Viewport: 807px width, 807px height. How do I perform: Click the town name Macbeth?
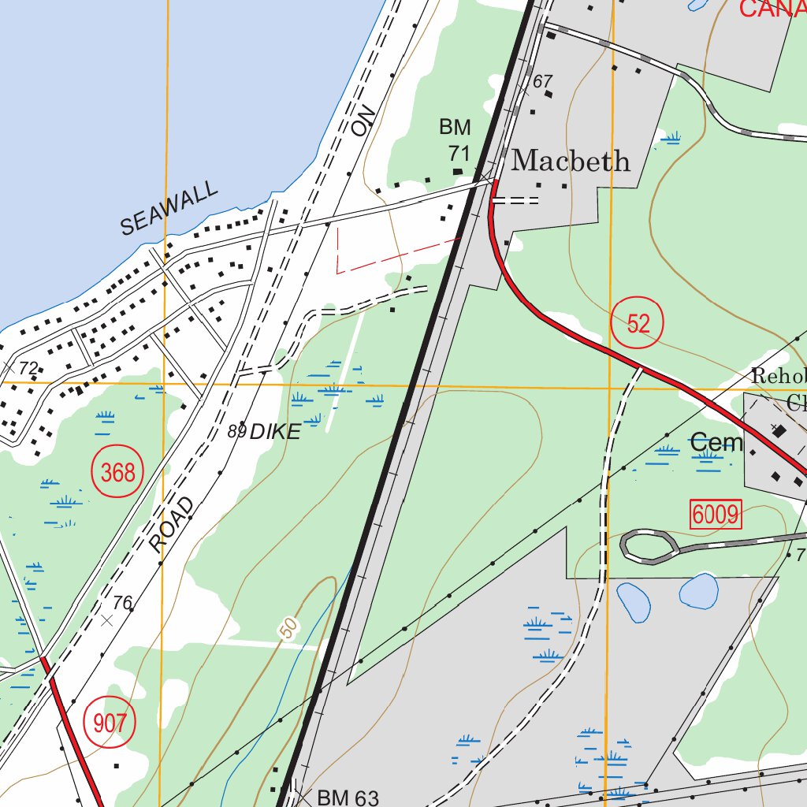pos(571,162)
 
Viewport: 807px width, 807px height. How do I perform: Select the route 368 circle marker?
pos(118,474)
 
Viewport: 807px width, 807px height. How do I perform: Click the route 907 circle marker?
pos(109,723)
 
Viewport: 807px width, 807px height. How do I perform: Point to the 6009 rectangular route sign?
pos(716,515)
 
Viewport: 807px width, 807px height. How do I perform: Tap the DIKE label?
pos(275,432)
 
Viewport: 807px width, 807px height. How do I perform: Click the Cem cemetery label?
pos(716,443)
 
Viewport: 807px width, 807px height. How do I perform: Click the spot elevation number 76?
pos(122,603)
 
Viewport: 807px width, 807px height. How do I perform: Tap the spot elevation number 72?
pos(28,367)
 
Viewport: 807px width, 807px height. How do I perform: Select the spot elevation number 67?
pos(543,81)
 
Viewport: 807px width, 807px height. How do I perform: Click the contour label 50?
pos(290,628)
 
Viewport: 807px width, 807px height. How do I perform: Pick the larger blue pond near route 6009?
pos(698,590)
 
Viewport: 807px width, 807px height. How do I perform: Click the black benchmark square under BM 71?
pos(458,170)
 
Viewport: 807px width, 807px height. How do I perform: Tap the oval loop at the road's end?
pos(649,546)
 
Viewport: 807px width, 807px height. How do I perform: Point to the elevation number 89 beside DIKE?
pos(236,431)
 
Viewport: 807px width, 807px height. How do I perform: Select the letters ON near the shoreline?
pos(363,122)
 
